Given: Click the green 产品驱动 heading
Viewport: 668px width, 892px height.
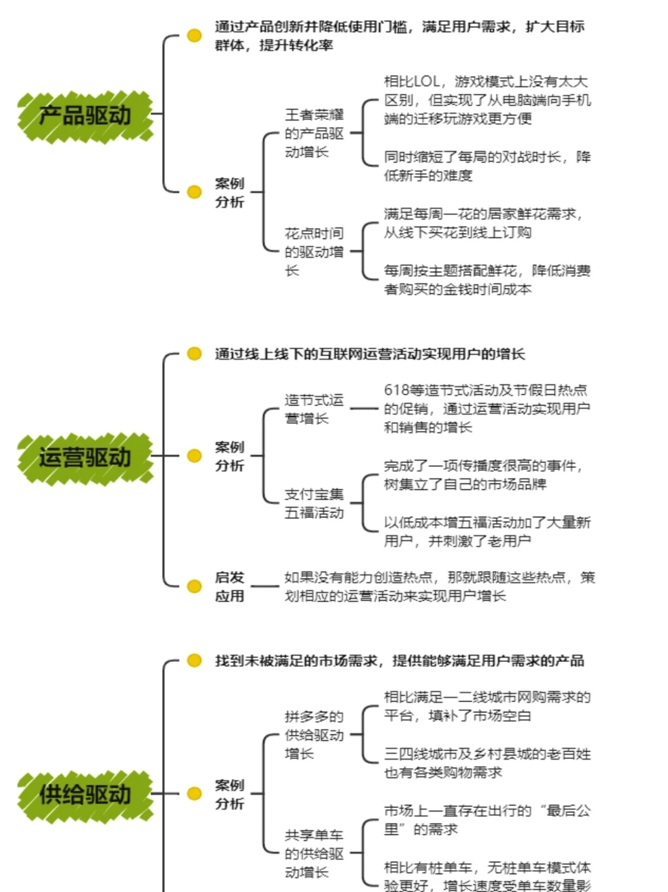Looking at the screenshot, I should tap(85, 115).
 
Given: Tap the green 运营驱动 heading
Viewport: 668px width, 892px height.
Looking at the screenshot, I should tap(85, 457).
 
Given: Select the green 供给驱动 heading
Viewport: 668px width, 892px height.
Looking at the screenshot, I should tap(85, 794).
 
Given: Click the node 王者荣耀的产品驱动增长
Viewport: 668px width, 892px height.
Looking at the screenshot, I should tap(314, 134).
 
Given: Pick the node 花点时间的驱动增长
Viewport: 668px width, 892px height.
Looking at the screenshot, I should tap(314, 252).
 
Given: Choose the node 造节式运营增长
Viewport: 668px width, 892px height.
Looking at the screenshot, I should tap(314, 409).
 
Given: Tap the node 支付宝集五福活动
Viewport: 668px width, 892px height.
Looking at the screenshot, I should tap(314, 503).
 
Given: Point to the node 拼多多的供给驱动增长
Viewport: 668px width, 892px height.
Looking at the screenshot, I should tap(314, 735).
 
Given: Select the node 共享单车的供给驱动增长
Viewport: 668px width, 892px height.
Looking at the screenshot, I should tap(314, 854).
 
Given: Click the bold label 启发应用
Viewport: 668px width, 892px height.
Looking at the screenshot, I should tap(229, 587).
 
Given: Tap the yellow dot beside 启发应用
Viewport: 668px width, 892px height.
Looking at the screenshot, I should tap(194, 586).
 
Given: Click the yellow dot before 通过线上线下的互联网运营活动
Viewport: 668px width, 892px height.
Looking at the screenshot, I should tap(194, 354).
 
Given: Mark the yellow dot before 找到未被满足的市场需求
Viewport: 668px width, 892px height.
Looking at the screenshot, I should tap(194, 660).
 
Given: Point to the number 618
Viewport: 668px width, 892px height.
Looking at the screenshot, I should tap(396, 390).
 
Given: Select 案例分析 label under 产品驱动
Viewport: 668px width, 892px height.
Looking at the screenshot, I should tap(229, 193).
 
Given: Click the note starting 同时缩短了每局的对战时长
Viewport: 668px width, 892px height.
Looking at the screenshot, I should tap(487, 166).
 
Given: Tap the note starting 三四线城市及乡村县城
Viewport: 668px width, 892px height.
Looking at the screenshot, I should tap(487, 763).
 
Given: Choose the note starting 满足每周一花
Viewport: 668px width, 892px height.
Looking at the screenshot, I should tap(482, 223).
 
